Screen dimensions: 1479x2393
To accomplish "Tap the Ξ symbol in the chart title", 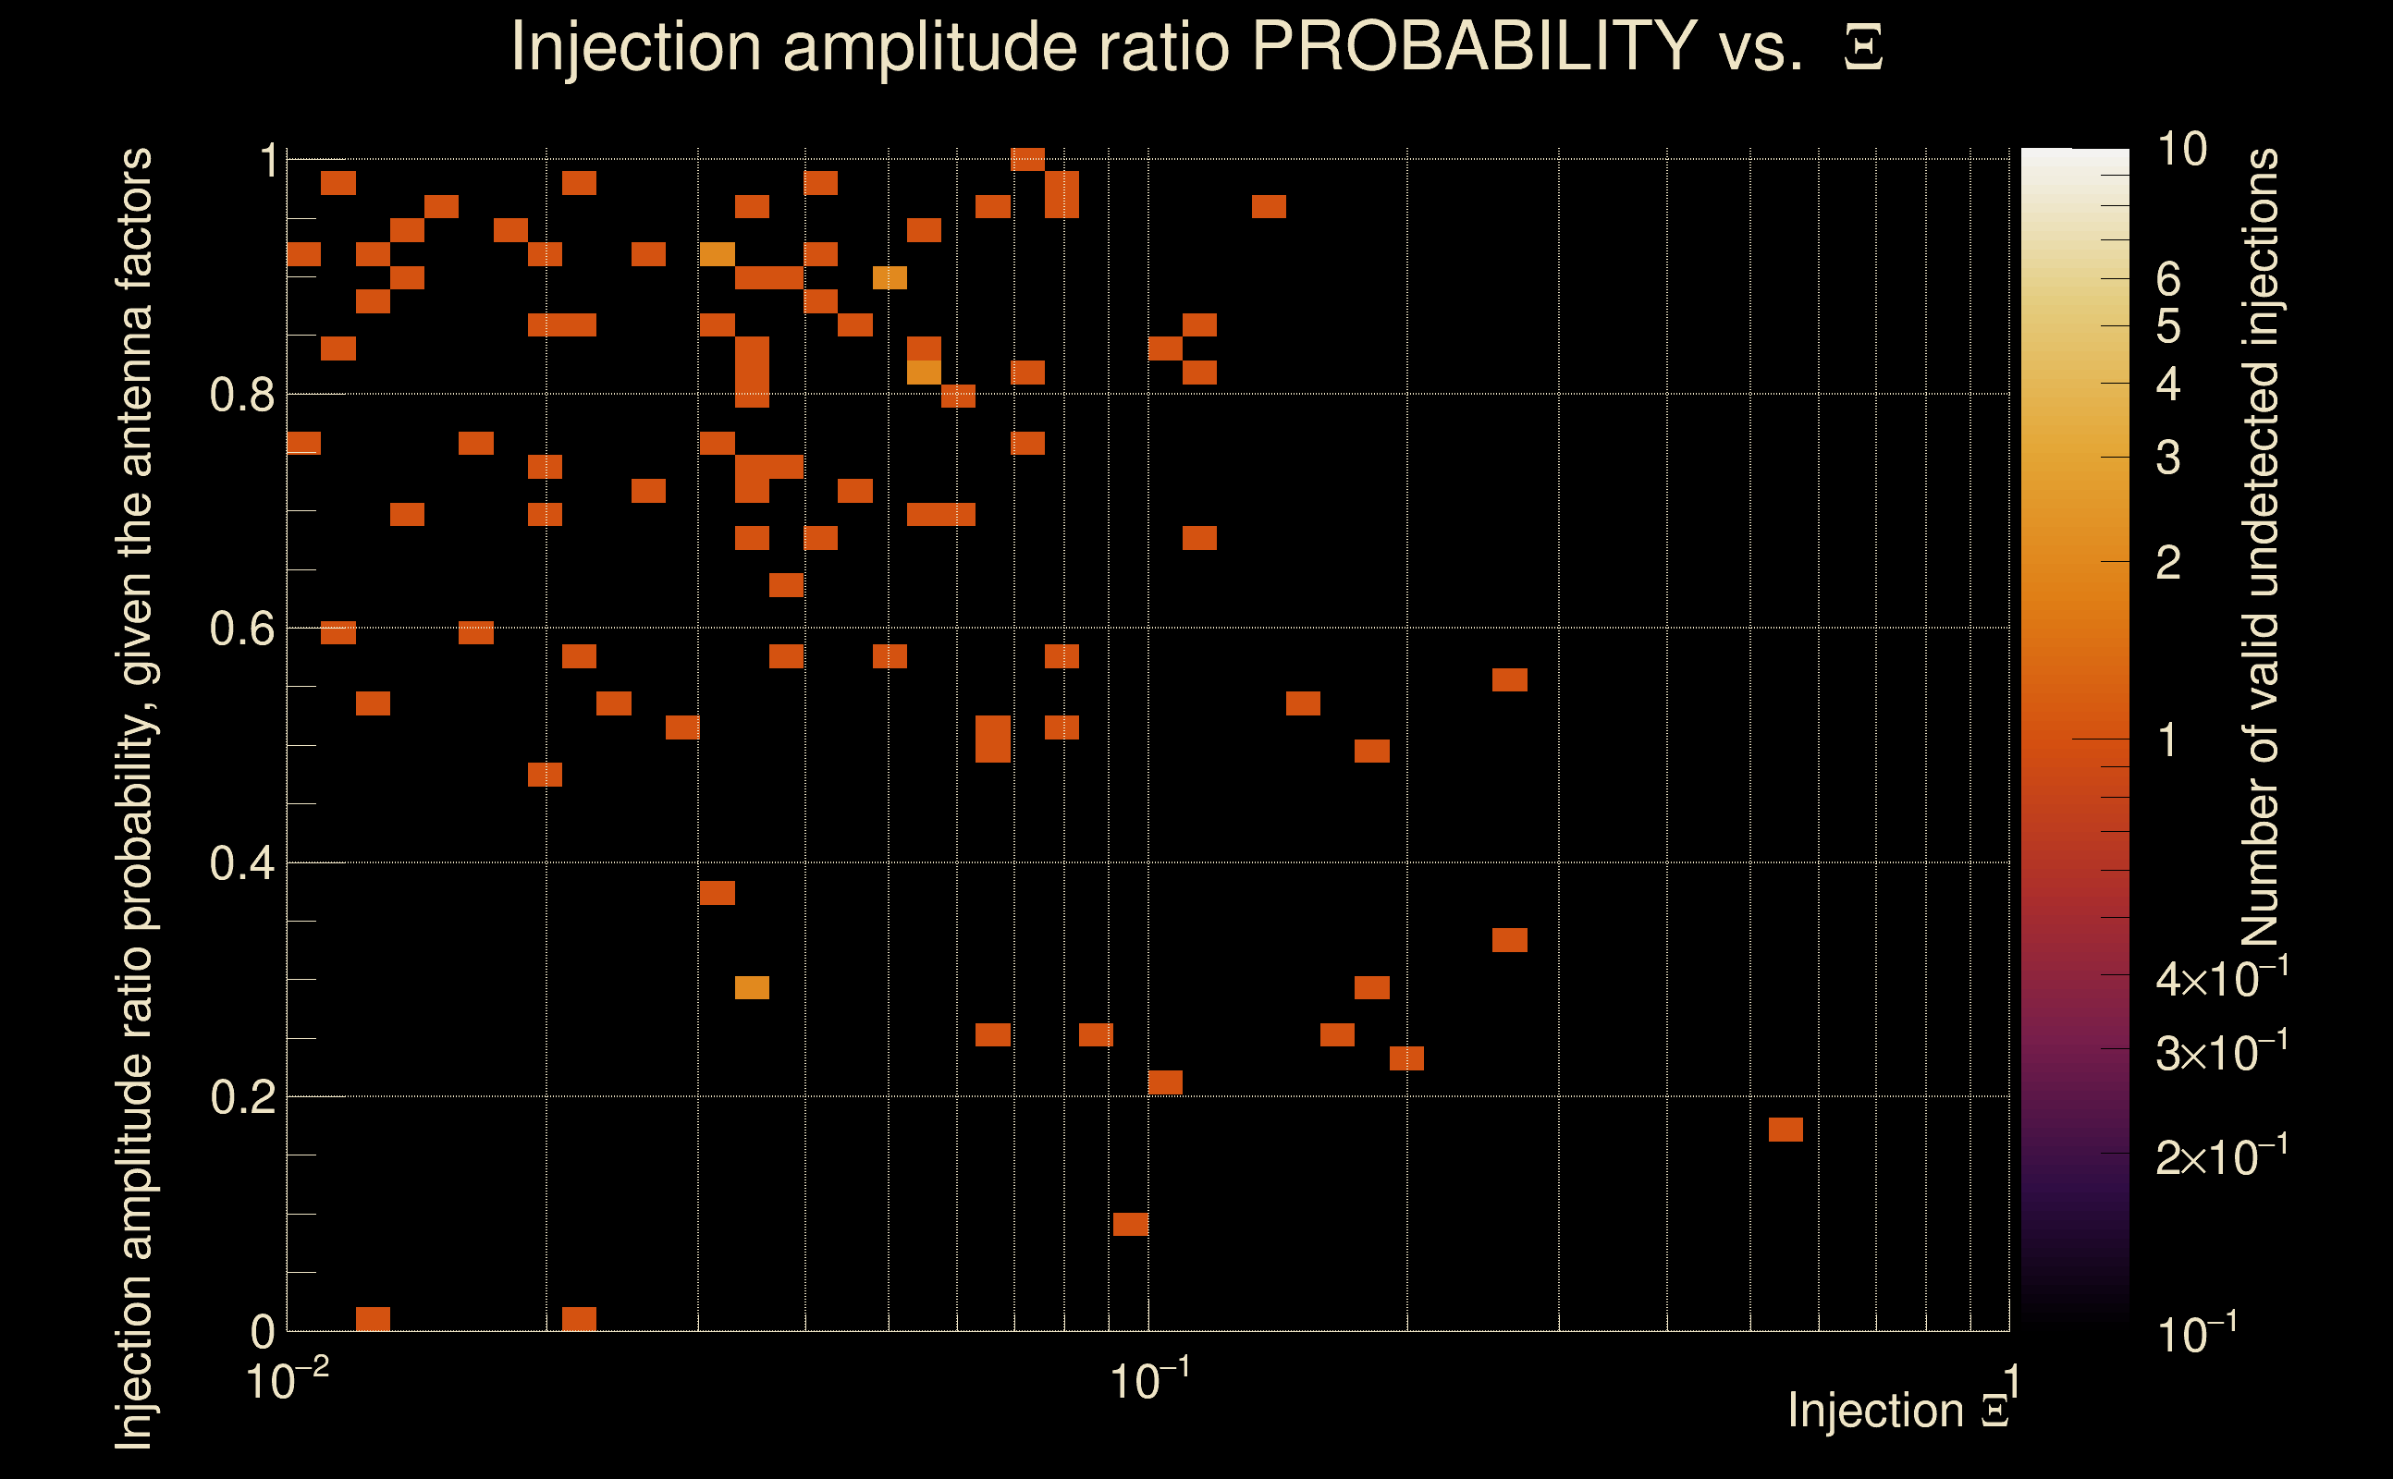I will click(1863, 48).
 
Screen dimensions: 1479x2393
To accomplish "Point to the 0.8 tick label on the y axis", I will click(241, 396).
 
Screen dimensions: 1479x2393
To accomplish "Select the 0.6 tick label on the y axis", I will click(241, 629).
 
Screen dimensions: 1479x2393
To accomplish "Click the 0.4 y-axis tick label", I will click(241, 863).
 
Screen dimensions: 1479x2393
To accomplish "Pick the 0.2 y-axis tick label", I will click(241, 1097).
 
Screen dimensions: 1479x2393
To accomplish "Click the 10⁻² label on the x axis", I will click(286, 1380).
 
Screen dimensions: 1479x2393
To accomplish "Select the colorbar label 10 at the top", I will click(2181, 150).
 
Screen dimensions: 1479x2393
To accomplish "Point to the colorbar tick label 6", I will click(2168, 280).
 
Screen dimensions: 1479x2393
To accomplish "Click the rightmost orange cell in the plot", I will click(1786, 1130).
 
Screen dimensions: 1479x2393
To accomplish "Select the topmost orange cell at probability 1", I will click(1027, 158).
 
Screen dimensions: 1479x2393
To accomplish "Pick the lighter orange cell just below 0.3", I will click(752, 988).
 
